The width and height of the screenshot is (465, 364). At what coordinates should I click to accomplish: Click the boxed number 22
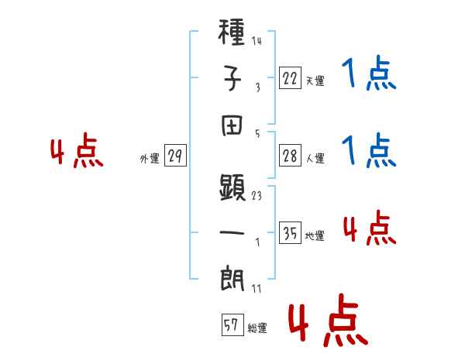coord(289,78)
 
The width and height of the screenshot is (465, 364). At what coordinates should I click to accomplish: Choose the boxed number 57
coord(231,326)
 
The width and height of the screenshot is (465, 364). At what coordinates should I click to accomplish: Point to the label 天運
coord(315,81)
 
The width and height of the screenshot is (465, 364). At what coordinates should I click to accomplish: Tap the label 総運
coord(257,328)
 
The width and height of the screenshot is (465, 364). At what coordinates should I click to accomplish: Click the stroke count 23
coord(257,195)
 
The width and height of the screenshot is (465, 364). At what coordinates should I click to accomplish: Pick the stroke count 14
coord(257,41)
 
